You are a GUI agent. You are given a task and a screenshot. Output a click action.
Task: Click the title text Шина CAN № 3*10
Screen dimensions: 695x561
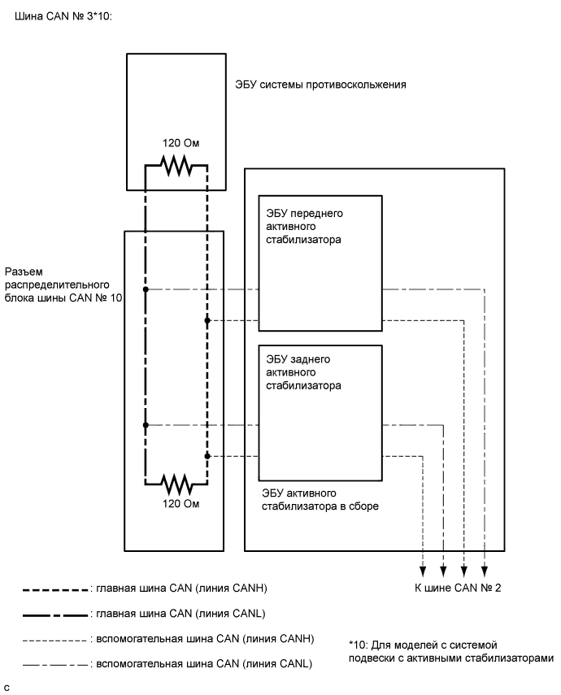point(63,15)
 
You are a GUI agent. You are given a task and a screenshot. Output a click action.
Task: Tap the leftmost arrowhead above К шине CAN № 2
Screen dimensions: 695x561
point(422,570)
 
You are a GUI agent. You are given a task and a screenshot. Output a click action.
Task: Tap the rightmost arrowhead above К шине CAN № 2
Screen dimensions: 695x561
point(485,570)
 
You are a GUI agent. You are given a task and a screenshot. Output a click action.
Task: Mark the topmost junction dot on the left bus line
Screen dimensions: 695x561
point(145,289)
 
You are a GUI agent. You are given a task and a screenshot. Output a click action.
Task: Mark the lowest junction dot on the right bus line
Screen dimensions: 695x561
point(207,455)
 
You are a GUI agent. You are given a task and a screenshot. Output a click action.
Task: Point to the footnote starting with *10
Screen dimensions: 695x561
point(450,651)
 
